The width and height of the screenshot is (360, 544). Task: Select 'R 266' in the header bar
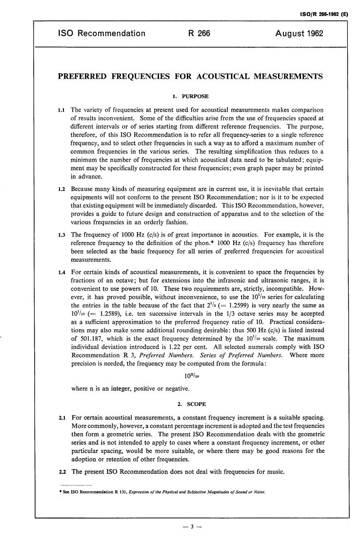pos(199,34)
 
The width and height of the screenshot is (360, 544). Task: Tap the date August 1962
pos(299,34)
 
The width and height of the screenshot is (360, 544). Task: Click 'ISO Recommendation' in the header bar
pos(102,34)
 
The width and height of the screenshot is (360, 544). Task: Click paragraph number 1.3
pos(62,235)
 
